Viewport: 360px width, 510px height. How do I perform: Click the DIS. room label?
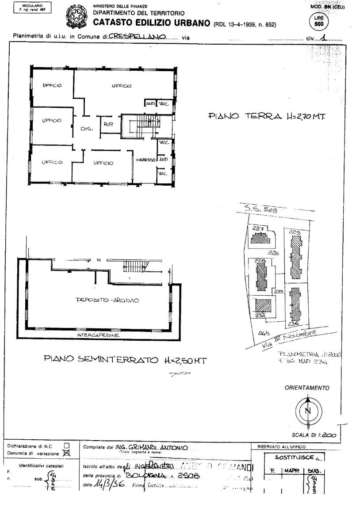click(87, 129)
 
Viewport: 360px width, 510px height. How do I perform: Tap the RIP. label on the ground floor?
click(109, 125)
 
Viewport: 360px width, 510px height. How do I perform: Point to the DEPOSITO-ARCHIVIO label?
click(107, 301)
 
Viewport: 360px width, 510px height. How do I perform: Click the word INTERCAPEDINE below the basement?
click(98, 335)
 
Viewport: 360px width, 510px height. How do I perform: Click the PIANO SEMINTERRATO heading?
click(125, 361)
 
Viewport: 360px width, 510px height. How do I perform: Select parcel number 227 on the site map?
click(258, 229)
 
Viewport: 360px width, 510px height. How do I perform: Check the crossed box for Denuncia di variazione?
click(67, 452)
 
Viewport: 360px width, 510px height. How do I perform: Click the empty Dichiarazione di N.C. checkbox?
click(67, 445)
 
